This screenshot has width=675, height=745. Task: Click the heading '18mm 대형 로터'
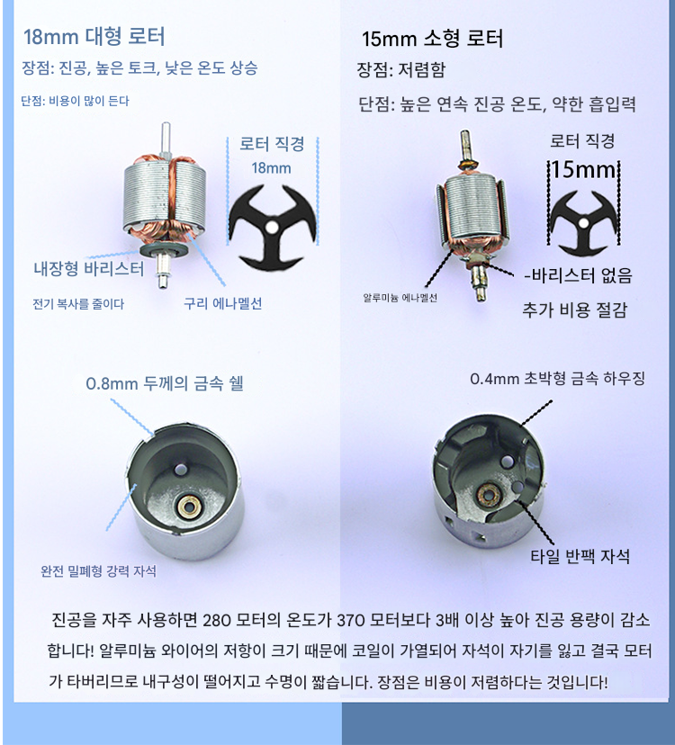[94, 37]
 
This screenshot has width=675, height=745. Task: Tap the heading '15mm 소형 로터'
[432, 39]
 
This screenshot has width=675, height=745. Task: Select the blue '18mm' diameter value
[271, 167]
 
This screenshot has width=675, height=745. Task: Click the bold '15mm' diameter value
[583, 170]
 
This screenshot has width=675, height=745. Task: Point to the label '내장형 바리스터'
[88, 269]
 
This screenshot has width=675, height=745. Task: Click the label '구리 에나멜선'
[223, 303]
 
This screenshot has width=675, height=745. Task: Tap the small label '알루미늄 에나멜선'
[400, 298]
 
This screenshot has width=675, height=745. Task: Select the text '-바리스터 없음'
[578, 275]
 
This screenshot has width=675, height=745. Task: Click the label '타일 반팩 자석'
[580, 556]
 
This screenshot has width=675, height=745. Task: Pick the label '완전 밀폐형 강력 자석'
[98, 570]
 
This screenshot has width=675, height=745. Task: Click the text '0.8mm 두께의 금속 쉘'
[165, 383]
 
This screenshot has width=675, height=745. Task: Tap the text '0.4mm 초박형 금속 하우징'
[558, 379]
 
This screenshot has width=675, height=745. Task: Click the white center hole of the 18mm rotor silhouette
[271, 227]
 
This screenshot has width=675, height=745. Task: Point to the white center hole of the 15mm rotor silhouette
[584, 223]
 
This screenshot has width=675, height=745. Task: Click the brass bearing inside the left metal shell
[188, 507]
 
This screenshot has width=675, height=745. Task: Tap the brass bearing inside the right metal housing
[487, 495]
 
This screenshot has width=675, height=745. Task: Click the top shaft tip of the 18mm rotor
[166, 124]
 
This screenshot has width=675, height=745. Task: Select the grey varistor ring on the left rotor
[163, 250]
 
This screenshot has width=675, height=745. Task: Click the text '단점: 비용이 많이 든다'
[75, 101]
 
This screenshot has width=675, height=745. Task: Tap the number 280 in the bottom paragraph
[218, 621]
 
